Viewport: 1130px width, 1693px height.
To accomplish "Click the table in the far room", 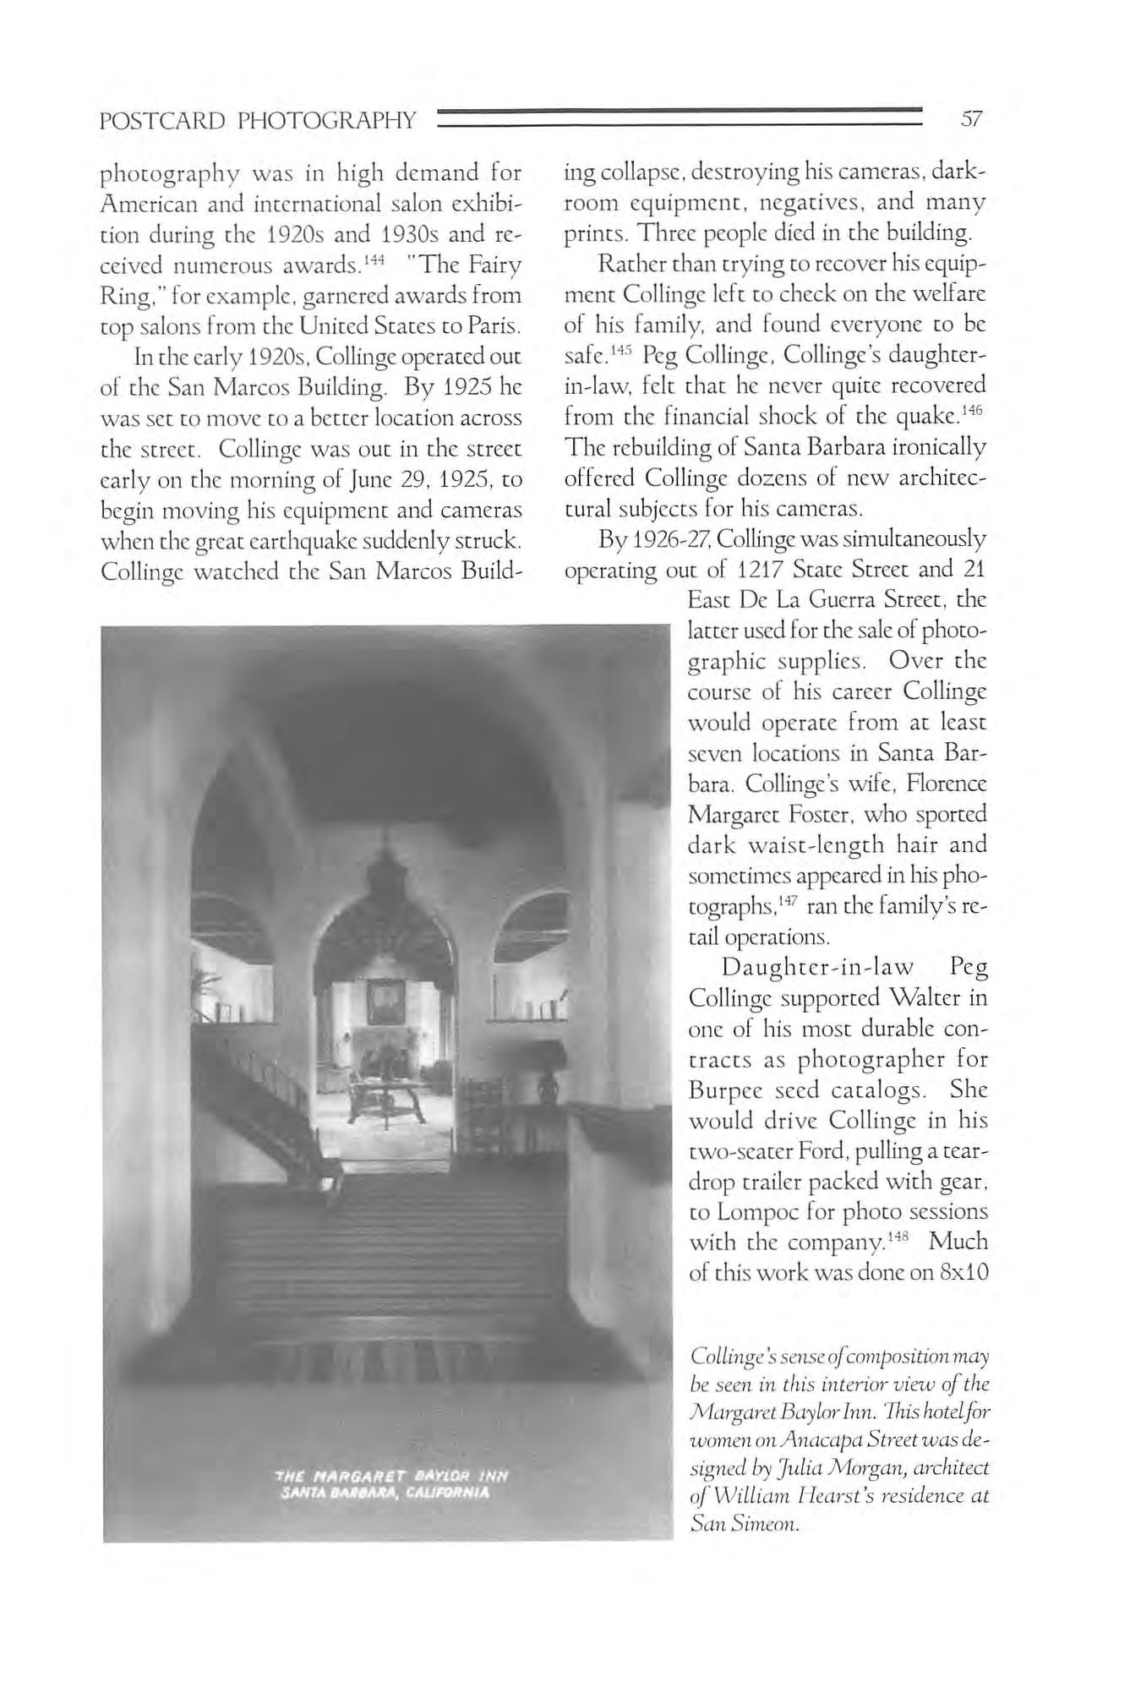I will (391, 1090).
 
